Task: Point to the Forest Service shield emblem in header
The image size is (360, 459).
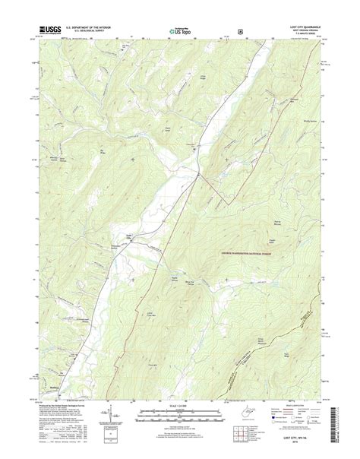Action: pyautogui.click(x=240, y=31)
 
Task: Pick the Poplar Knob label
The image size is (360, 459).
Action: pyautogui.click(x=267, y=242)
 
